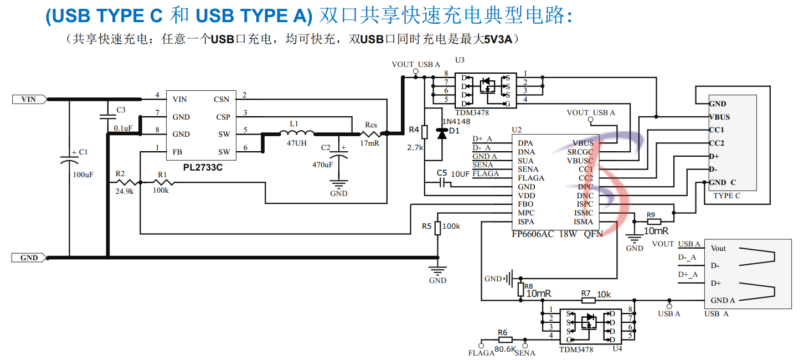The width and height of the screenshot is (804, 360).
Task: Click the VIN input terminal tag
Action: [29, 99]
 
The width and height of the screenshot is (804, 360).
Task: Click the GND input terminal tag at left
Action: [29, 258]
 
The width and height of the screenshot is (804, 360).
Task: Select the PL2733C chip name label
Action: [203, 167]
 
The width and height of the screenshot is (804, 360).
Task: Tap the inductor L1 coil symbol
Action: [296, 133]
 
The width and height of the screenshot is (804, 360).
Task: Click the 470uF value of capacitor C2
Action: [323, 164]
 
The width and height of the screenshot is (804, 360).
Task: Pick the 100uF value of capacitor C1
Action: [83, 174]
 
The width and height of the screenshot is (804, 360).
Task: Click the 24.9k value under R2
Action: [125, 192]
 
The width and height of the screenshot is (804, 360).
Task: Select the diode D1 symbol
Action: [441, 133]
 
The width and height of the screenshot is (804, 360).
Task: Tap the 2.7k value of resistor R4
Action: [415, 148]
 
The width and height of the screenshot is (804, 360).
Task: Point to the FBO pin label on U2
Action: [525, 204]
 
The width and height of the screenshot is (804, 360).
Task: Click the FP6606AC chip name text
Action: [533, 234]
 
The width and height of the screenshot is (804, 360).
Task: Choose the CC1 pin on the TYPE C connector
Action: [717, 130]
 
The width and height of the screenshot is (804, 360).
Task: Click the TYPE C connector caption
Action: [726, 196]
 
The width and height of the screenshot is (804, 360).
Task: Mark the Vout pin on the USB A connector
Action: [718, 248]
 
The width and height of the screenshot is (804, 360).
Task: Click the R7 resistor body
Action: [588, 300]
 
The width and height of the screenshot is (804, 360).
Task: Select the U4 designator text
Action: [617, 349]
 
